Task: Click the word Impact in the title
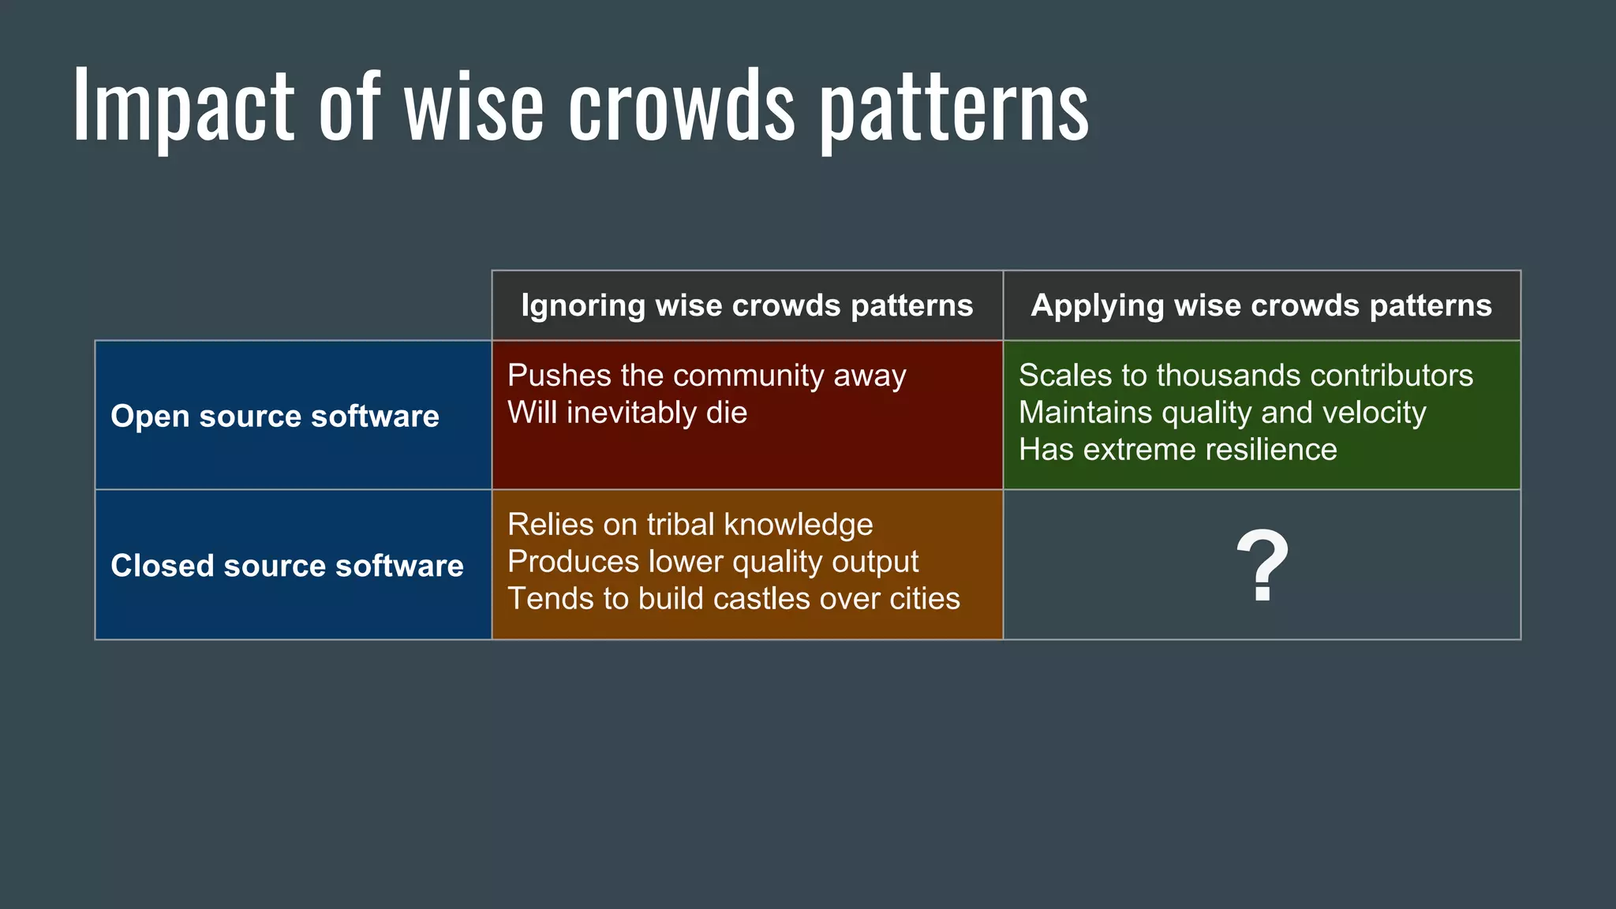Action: click(183, 107)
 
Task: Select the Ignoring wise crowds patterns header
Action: click(746, 305)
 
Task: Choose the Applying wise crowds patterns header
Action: click(1261, 305)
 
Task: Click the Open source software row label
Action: click(275, 416)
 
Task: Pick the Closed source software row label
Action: click(287, 565)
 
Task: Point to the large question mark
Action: click(1262, 565)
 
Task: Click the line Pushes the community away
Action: click(706, 376)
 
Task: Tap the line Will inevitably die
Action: click(627, 413)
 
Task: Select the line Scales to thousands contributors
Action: click(1245, 376)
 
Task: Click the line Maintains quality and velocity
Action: click(1221, 413)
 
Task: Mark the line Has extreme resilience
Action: click(1177, 450)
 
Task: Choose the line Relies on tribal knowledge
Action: click(690, 525)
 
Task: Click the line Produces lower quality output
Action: click(713, 562)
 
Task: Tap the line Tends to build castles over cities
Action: click(733, 599)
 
